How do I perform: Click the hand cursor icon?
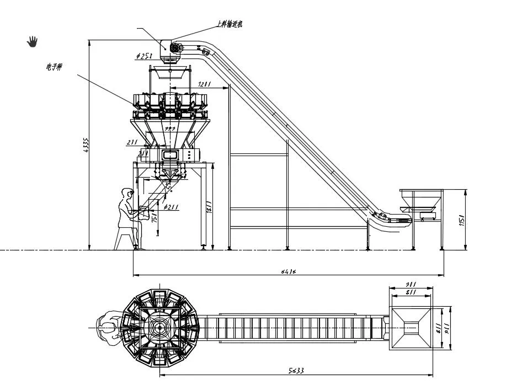click(33, 41)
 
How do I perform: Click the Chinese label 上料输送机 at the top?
click(228, 24)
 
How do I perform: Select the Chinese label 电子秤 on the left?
click(54, 67)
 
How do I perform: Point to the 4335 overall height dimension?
click(86, 145)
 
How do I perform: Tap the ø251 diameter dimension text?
click(144, 56)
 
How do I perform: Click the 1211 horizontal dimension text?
click(205, 84)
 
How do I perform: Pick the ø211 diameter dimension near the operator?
click(172, 207)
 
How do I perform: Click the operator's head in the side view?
click(128, 194)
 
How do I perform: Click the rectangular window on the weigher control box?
click(170, 155)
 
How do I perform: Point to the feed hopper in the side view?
click(422, 199)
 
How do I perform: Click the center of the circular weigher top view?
click(159, 327)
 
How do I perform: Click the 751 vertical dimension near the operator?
click(155, 217)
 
